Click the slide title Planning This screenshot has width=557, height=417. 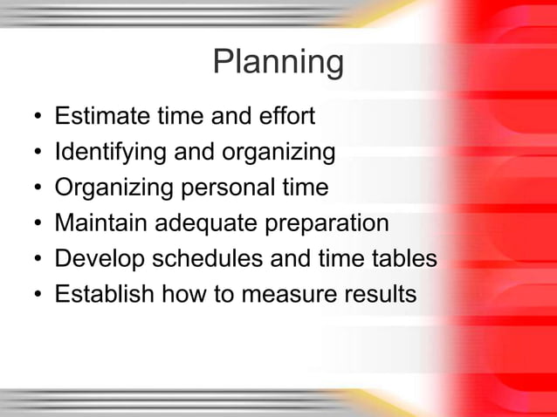[x=278, y=63]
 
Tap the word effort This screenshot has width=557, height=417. [x=288, y=116]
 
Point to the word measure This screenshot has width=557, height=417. [x=292, y=295]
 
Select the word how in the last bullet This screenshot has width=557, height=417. [x=181, y=295]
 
